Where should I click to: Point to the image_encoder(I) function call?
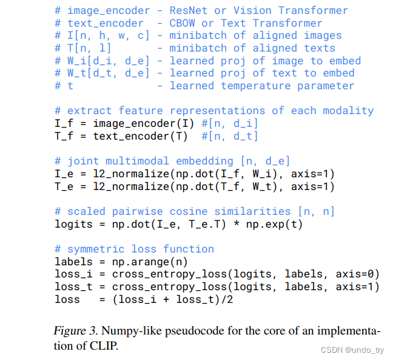(143, 123)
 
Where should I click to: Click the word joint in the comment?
(83, 161)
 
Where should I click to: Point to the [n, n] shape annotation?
(315, 211)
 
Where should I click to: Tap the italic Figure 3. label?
(76, 332)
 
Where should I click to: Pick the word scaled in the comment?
(86, 211)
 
